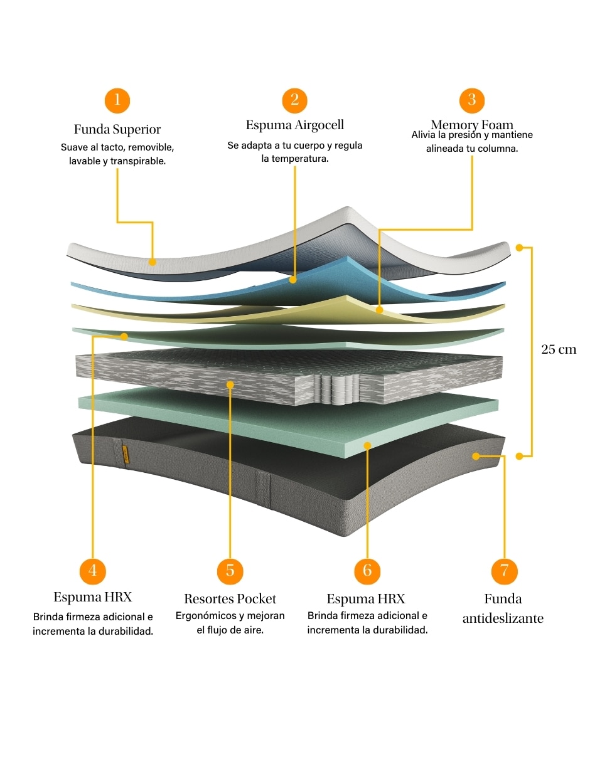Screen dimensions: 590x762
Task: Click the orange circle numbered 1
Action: pos(117,100)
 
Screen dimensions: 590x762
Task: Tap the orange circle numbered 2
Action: pos(294,100)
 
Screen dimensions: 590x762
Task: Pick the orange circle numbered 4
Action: pos(93,571)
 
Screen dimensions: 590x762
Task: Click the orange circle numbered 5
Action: pos(230,571)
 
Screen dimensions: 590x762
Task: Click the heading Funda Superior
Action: pos(117,129)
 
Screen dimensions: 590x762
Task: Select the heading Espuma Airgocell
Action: pos(294,125)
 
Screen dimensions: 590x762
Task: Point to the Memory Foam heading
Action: pos(472,124)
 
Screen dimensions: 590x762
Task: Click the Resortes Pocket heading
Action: pos(230,599)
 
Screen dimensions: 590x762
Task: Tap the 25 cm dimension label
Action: pos(559,349)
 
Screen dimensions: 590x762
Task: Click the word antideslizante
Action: pos(503,618)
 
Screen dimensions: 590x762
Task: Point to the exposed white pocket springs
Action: pos(337,389)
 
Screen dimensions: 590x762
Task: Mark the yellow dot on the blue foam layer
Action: pos(293,280)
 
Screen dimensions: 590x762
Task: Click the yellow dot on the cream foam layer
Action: pos(379,310)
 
